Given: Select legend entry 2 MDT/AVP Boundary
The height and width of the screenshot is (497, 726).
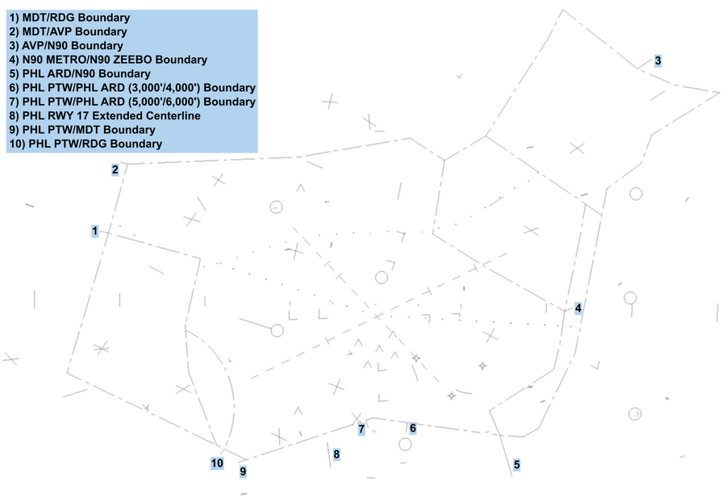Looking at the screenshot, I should click(69, 31).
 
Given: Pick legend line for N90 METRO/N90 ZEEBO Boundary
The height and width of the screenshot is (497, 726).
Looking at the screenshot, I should click(108, 60).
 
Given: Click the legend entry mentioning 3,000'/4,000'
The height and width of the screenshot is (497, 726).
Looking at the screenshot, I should click(132, 88).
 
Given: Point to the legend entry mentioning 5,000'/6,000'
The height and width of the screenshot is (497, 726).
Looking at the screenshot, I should click(132, 102).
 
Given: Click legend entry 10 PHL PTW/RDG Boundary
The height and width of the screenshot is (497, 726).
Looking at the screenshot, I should click(86, 144).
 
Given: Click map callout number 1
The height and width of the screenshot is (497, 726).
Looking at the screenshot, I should click(95, 232).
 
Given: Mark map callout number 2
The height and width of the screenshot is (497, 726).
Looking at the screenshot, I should click(115, 169).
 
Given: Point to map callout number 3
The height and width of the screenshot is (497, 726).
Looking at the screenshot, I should click(657, 61).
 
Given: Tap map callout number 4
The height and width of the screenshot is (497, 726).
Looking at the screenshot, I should click(578, 307).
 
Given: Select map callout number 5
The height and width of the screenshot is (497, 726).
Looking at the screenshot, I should click(516, 465).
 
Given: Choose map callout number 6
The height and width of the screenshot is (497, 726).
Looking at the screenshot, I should click(412, 428).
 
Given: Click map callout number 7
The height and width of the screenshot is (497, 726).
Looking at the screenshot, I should click(361, 428).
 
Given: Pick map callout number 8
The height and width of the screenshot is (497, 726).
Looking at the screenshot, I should click(336, 455).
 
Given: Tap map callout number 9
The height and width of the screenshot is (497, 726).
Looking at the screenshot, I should click(242, 470).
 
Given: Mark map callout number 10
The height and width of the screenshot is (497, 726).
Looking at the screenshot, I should click(217, 463).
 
